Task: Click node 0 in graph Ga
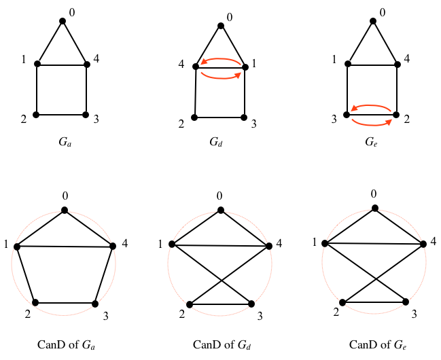click(x=63, y=21)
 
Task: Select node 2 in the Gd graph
click(x=194, y=118)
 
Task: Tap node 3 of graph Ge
click(x=347, y=115)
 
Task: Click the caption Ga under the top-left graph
click(x=66, y=143)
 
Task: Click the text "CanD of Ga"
click(x=65, y=345)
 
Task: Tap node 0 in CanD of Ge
click(x=373, y=209)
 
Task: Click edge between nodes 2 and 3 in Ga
click(x=61, y=114)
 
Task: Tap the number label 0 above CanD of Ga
click(x=65, y=196)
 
